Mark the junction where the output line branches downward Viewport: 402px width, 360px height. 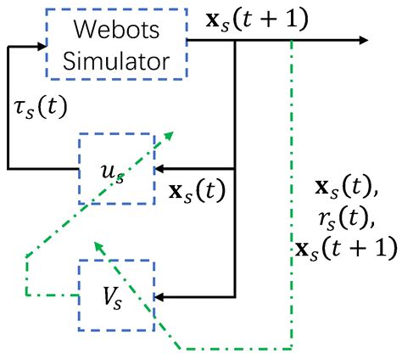233,41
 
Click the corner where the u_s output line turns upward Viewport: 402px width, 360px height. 8,169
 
